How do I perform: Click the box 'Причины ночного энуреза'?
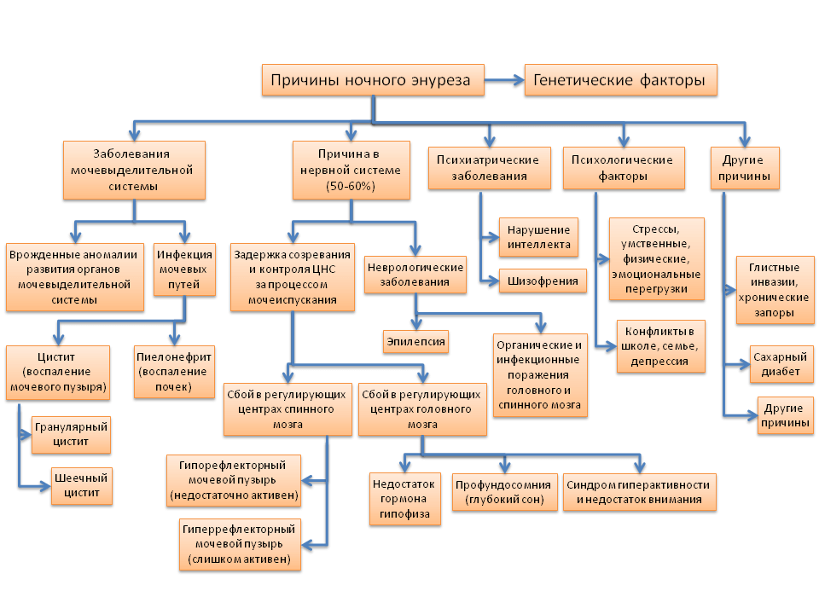click(371, 81)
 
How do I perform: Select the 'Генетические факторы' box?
click(619, 81)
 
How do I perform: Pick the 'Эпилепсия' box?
click(415, 341)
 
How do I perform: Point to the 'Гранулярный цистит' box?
click(71, 434)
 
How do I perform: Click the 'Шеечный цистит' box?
click(81, 486)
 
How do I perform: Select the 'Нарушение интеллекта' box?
click(538, 238)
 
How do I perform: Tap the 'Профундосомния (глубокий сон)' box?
click(504, 493)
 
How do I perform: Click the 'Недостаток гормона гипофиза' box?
click(404, 499)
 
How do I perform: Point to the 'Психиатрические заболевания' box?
click(487, 168)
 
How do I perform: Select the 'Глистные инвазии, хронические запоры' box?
click(774, 289)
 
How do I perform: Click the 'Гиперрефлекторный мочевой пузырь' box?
click(239, 544)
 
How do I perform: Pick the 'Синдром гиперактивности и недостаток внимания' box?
click(639, 493)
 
